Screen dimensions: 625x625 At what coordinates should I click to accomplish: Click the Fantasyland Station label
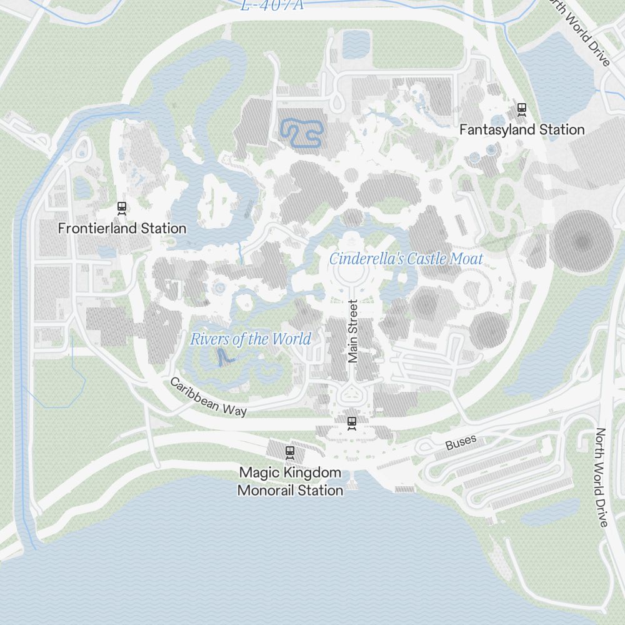click(x=522, y=129)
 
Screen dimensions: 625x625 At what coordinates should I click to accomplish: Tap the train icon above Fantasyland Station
click(x=522, y=110)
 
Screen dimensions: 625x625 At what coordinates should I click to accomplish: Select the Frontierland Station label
click(x=122, y=228)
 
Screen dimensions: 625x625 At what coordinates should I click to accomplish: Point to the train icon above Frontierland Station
click(x=122, y=207)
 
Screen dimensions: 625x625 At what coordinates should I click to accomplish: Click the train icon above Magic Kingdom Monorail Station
click(x=289, y=451)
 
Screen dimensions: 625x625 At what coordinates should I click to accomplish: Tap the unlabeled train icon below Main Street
click(x=352, y=423)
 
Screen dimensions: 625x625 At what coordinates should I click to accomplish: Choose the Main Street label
click(x=353, y=331)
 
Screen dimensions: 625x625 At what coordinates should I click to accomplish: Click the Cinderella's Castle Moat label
click(x=406, y=258)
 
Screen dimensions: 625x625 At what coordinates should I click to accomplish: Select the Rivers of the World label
click(x=250, y=339)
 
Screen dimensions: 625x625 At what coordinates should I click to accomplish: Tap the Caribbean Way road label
click(x=208, y=397)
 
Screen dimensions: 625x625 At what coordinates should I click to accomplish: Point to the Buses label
click(x=461, y=442)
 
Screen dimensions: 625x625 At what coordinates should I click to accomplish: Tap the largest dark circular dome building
click(x=582, y=241)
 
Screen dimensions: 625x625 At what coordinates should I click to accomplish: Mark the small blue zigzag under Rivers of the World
click(x=223, y=356)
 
